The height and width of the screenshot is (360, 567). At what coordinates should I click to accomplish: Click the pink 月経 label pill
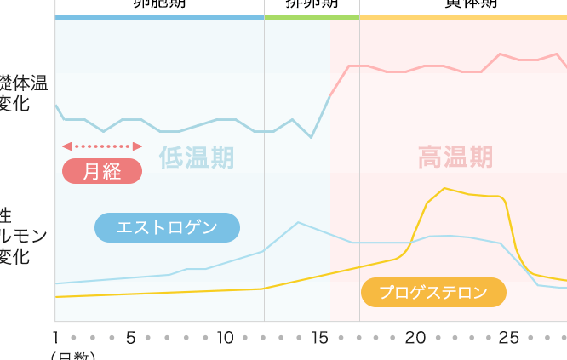(x=102, y=171)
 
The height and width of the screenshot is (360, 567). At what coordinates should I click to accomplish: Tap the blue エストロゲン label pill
(x=167, y=227)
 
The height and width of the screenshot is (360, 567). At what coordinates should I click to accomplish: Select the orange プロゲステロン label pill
(x=433, y=292)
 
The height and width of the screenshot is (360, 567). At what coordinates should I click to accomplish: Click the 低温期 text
(x=196, y=157)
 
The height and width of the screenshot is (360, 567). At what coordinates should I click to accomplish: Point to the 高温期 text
(x=455, y=157)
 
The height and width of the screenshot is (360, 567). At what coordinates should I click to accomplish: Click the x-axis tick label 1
(x=55, y=338)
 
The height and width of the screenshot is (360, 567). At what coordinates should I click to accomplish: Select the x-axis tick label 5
(x=130, y=338)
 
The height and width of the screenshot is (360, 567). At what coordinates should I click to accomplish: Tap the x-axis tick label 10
(x=225, y=338)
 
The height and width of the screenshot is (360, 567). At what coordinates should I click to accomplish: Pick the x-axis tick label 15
(x=319, y=338)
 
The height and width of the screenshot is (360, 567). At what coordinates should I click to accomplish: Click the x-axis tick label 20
(x=415, y=338)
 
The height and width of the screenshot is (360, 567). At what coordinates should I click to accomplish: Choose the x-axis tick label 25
(x=508, y=338)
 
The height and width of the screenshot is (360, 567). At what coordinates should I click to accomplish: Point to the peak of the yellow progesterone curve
(x=444, y=188)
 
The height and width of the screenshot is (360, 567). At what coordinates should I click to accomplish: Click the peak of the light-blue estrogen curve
(x=298, y=222)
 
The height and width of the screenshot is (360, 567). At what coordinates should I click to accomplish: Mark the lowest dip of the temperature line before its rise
(x=312, y=137)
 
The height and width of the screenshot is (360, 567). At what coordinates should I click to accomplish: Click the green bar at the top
(x=312, y=17)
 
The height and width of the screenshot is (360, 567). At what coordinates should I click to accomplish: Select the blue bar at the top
(x=159, y=17)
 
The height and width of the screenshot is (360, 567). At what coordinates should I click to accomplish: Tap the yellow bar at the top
(x=463, y=17)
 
